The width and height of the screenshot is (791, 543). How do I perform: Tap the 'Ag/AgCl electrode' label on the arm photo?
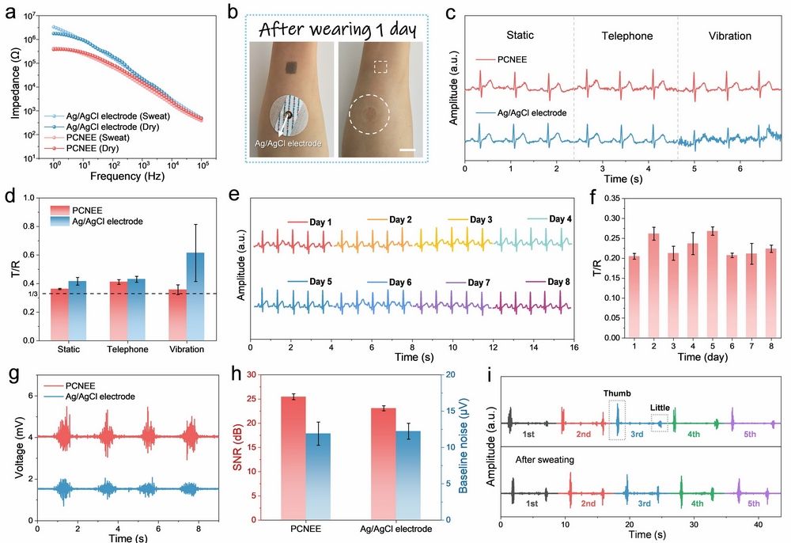click(x=288, y=143)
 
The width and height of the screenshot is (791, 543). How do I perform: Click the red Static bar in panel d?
click(x=59, y=314)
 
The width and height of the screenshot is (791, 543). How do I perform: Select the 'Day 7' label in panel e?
click(x=475, y=283)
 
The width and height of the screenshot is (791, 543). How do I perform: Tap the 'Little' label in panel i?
click(x=660, y=408)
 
